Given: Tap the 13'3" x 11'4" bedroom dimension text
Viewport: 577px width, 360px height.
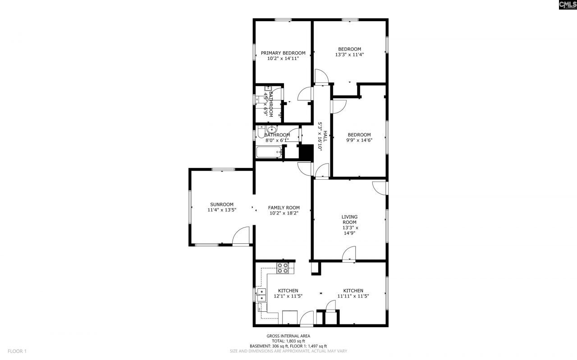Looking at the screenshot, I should [x=349, y=55].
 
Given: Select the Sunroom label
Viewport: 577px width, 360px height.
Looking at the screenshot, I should [x=221, y=204].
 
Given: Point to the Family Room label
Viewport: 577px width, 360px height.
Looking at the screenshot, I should [x=284, y=208].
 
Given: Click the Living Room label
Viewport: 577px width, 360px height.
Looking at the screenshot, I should [x=349, y=219].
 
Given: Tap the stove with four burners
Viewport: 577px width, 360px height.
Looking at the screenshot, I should [x=283, y=268].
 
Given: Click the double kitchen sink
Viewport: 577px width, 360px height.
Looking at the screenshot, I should [x=261, y=295].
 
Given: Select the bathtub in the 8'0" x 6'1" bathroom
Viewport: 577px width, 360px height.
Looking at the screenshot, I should [x=269, y=153].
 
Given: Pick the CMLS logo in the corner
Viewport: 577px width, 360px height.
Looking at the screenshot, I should [x=567, y=5].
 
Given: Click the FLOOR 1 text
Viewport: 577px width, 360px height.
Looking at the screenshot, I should [x=18, y=351].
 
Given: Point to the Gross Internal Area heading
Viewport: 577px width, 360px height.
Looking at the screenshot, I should [x=288, y=336].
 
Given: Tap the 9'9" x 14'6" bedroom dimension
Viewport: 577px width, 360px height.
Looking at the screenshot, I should [x=359, y=140].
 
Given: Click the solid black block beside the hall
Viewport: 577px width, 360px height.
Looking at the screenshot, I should [x=307, y=152].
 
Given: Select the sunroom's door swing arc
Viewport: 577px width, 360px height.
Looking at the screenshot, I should [x=241, y=235].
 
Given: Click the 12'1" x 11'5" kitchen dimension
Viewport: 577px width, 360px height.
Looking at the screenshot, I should [x=288, y=296].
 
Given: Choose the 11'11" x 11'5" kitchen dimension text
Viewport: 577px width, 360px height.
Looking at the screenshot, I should [x=353, y=296].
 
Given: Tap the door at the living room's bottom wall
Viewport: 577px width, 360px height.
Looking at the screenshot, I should [x=349, y=254].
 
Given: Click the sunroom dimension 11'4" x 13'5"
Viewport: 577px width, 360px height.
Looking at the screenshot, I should [x=221, y=210].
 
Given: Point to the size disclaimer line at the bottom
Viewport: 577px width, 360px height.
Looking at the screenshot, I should [x=288, y=351].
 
